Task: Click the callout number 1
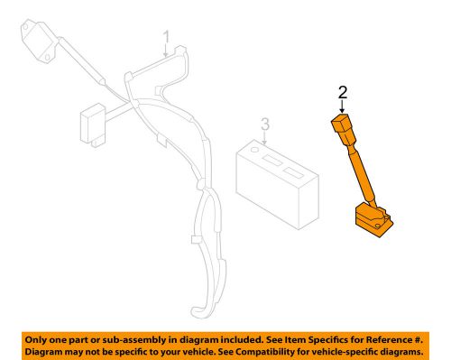point(166,37)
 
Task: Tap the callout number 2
point(342,92)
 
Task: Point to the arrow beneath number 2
point(342,106)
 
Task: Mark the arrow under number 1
point(166,51)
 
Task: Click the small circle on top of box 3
point(256,146)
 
